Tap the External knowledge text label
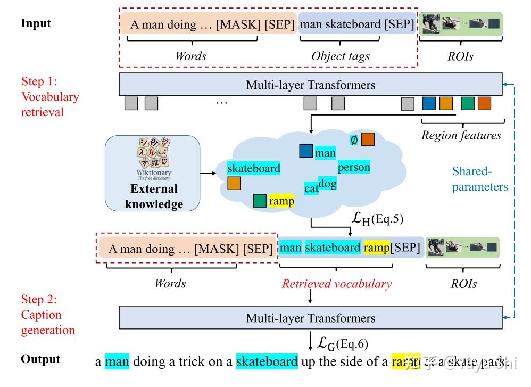pyautogui.click(x=154, y=196)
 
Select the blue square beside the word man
pyautogui.click(x=305, y=151)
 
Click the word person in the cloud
pyautogui.click(x=354, y=167)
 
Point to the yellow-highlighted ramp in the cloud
pyautogui.click(x=281, y=201)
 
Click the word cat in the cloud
pyautogui.click(x=311, y=188)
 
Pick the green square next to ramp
pyautogui.click(x=260, y=201)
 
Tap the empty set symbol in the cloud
pyautogui.click(x=354, y=140)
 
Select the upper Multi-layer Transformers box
pyautogui.click(x=311, y=85)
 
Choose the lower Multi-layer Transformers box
pyautogui.click(x=311, y=318)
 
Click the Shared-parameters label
pyautogui.click(x=480, y=179)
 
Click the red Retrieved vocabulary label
pyautogui.click(x=336, y=284)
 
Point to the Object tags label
pyautogui.click(x=341, y=56)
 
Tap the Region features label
pyautogui.click(x=461, y=135)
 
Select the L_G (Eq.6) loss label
pyautogui.click(x=343, y=344)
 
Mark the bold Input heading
pyautogui.click(x=36, y=23)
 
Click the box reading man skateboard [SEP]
pyautogui.click(x=356, y=24)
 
